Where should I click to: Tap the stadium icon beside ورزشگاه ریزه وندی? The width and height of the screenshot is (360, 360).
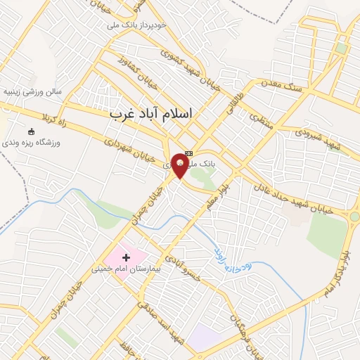pyautogui.click(x=31, y=132)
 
